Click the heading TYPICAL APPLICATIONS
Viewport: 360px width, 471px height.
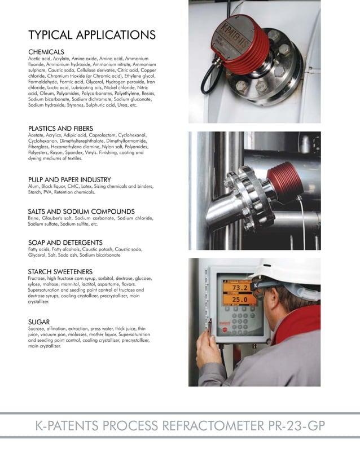pos(92,35)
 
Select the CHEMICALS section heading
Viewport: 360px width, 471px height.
pos(46,52)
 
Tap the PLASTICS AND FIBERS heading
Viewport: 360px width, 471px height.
pos(60,129)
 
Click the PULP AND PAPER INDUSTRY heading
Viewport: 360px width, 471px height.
pos(73,179)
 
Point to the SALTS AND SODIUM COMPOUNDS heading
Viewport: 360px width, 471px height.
pos(81,211)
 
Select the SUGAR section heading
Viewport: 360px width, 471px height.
pos(39,322)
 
